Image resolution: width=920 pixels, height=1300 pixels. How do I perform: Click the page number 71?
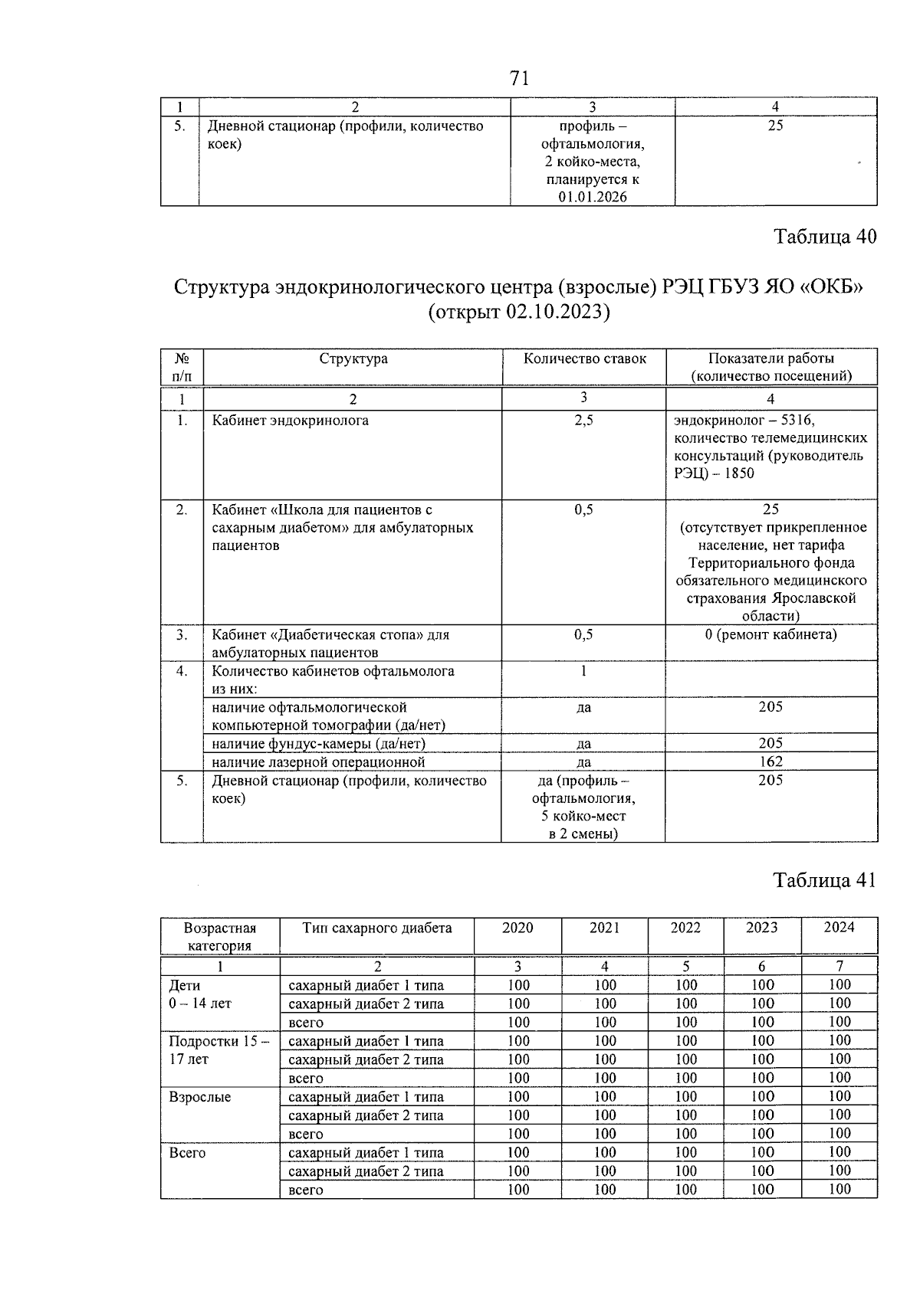click(x=519, y=78)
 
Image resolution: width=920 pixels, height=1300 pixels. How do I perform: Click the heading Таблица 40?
click(x=825, y=236)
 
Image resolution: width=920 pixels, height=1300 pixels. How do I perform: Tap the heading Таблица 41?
click(x=824, y=880)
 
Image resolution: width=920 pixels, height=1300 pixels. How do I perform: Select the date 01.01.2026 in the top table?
click(x=593, y=197)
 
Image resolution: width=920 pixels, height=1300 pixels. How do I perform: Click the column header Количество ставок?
click(x=584, y=359)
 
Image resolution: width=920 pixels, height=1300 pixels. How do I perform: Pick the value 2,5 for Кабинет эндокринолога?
click(x=583, y=421)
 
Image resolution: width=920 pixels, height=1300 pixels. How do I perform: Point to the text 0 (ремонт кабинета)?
click(x=770, y=634)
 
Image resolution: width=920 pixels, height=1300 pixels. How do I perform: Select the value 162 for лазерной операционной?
click(x=770, y=761)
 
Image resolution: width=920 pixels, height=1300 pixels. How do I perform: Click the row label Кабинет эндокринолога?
click(x=290, y=421)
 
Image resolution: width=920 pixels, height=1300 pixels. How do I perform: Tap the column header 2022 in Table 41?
click(x=685, y=928)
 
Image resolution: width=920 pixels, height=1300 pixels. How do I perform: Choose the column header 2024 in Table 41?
click(x=839, y=928)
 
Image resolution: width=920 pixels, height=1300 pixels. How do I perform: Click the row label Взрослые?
click(x=199, y=1097)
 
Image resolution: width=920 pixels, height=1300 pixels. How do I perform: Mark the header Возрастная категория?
click(x=220, y=936)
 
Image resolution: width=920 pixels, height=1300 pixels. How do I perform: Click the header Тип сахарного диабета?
click(x=376, y=928)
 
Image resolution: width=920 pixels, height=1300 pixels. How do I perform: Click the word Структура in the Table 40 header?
click(x=353, y=359)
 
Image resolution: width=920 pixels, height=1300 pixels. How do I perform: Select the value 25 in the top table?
click(x=775, y=126)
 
